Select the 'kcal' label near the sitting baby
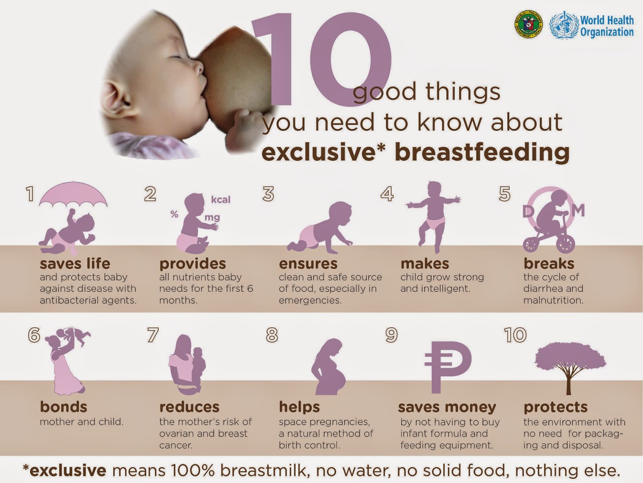point(221,200)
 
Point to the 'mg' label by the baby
point(212,218)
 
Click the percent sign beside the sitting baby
point(174,214)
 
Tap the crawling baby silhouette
point(319,228)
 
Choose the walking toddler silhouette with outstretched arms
point(433,217)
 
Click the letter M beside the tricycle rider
point(578,210)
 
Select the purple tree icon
point(570,369)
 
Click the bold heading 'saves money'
point(447,407)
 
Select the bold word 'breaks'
point(549,264)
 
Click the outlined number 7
point(153,335)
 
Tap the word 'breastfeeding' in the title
point(482,153)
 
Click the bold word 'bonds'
point(63,407)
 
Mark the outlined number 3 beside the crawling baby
point(268,194)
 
